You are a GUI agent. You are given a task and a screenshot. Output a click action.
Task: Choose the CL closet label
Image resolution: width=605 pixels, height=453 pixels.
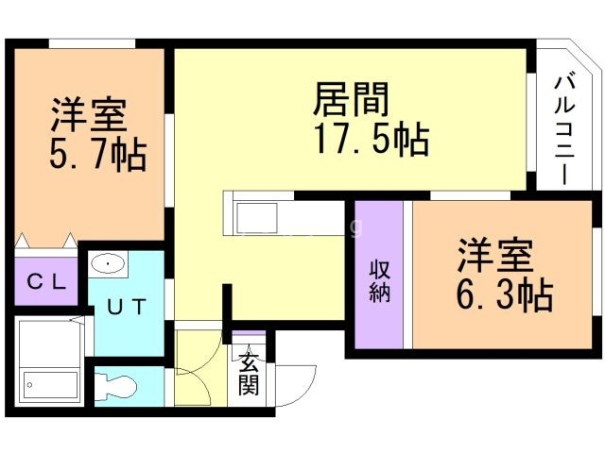pyautogui.click(x=45, y=280)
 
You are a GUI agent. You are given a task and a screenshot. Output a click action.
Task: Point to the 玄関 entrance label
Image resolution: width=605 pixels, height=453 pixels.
pyautogui.click(x=249, y=373)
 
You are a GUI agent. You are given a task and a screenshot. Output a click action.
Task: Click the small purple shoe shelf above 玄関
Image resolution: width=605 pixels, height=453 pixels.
pyautogui.click(x=248, y=338)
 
